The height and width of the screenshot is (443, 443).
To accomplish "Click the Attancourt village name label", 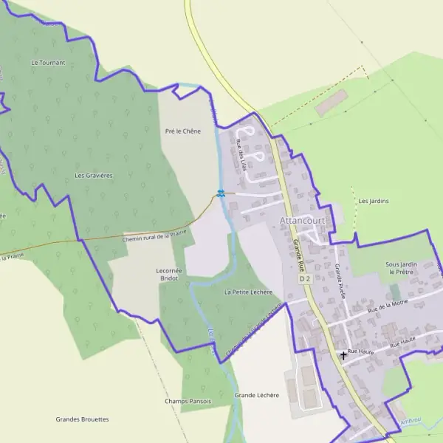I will click(302, 220).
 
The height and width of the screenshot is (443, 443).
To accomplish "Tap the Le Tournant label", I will click(48, 63).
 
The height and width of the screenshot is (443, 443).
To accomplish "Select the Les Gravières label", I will click(94, 176).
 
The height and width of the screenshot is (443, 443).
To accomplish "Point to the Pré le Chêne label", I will click(182, 131).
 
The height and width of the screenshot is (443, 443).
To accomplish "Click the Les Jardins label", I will click(374, 201).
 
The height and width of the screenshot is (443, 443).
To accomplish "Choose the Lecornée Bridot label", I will click(168, 275).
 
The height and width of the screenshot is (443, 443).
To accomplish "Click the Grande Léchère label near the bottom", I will click(256, 395).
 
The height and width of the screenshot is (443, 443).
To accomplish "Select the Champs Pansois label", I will click(188, 401).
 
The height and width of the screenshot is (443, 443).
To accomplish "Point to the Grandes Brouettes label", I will click(82, 419).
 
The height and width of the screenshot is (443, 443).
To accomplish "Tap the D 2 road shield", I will click(306, 280).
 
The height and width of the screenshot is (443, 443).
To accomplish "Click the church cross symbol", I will click(343, 356).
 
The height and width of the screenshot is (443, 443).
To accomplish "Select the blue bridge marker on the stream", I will click(221, 193).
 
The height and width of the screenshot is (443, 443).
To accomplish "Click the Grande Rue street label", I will click(298, 255).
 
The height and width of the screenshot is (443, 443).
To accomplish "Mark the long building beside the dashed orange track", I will click(332, 103).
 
